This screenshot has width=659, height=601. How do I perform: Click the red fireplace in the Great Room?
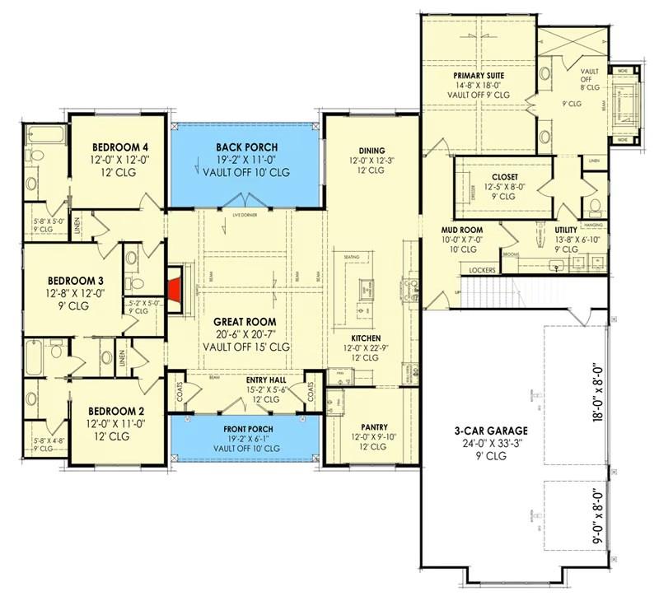(175, 290)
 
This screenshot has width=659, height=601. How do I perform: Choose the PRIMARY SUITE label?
(479, 76)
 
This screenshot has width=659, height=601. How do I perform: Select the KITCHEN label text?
(365, 338)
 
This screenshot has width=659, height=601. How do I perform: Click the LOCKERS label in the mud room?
(482, 269)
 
